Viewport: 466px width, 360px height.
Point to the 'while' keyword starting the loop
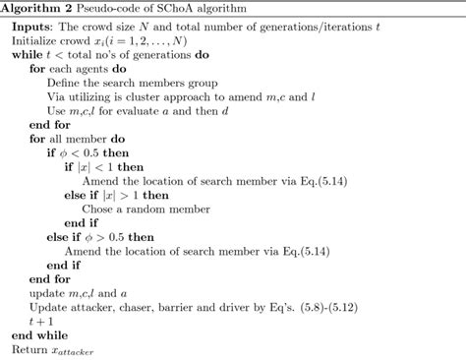pyautogui.click(x=25, y=60)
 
